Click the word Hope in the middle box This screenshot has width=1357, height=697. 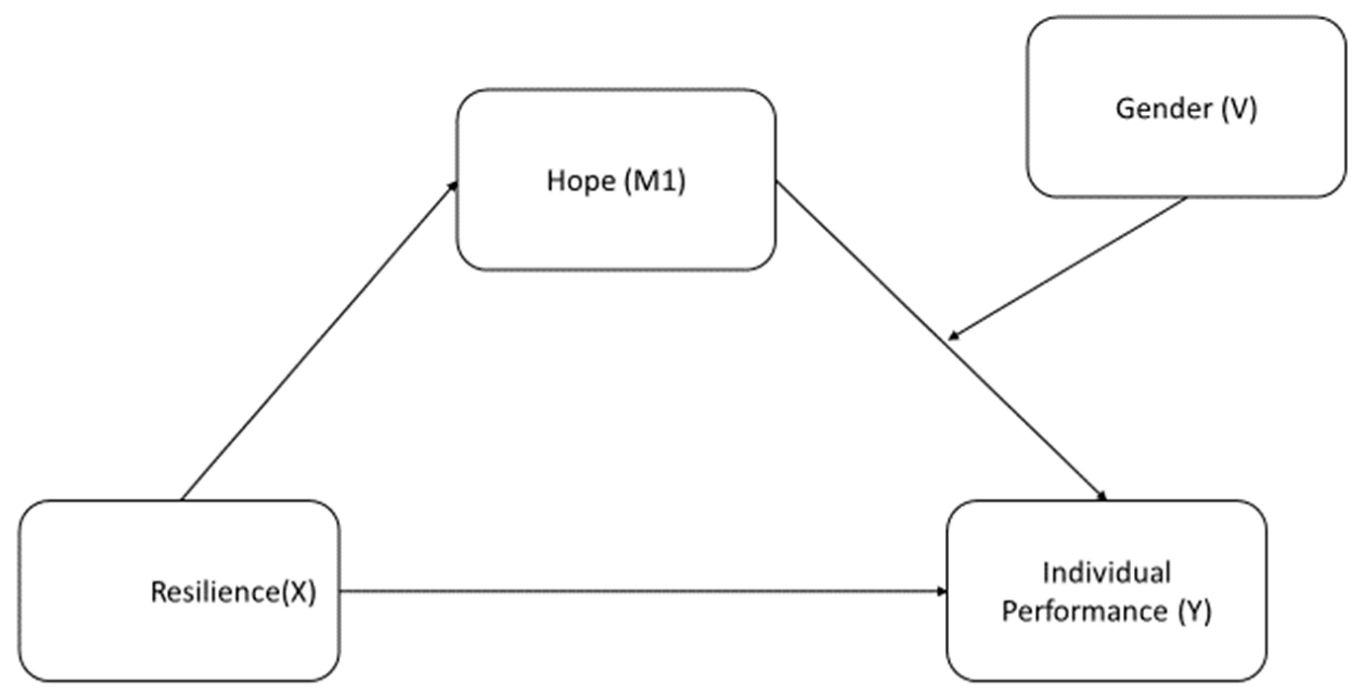point(581,182)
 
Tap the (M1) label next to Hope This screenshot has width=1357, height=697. point(655,182)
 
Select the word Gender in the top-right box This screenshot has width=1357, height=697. point(1163,109)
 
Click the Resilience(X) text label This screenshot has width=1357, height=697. point(234,592)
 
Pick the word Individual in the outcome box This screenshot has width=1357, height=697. point(1106,573)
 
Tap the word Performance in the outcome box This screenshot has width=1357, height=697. point(1084,612)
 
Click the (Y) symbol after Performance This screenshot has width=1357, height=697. point(1195,612)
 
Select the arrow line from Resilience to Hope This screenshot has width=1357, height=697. point(319,342)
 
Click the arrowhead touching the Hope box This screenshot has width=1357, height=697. point(453,186)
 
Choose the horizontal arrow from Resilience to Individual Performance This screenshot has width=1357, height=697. point(643,592)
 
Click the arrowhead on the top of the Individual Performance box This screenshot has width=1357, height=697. point(1102,497)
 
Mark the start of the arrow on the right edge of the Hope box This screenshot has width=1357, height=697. point(777,183)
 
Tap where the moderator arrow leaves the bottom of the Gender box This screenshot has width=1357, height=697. point(1185,199)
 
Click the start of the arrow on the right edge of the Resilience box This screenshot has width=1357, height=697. point(341,592)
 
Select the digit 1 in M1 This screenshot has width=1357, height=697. point(668,182)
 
